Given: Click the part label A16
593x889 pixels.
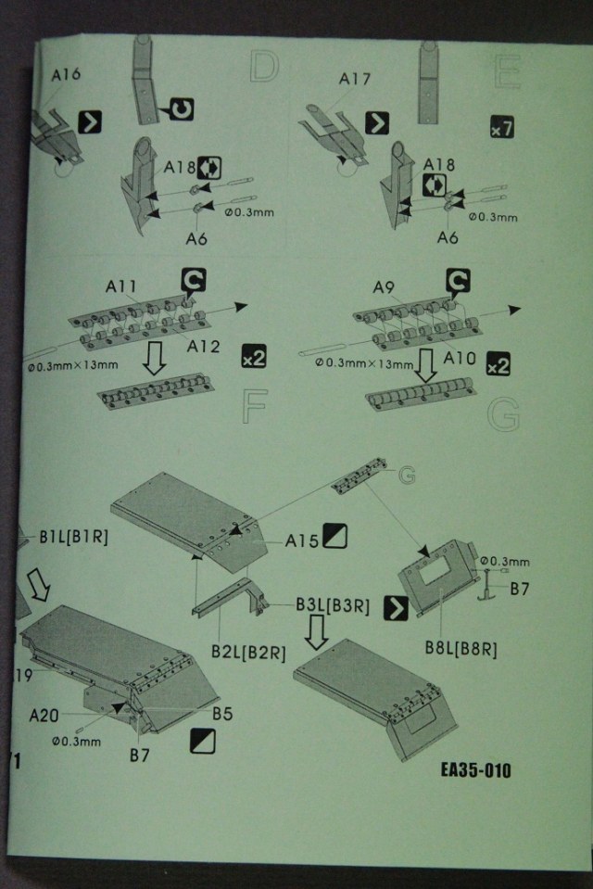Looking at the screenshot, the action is pos(66,76).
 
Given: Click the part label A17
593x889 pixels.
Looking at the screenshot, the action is pos(355,79).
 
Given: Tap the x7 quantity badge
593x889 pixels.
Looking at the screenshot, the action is pos(501,128).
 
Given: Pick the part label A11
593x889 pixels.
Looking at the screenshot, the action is pos(122,286).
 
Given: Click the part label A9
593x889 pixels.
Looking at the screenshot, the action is pos(384,286).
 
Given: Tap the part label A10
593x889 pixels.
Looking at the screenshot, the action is pos(461,356).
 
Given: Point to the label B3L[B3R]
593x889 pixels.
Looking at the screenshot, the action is pos(333,606).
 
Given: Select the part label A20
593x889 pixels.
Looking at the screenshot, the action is pos(45,716).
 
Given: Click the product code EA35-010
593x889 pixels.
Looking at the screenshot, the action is pos(476,770).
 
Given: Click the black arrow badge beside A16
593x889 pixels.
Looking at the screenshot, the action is pos(91,121).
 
